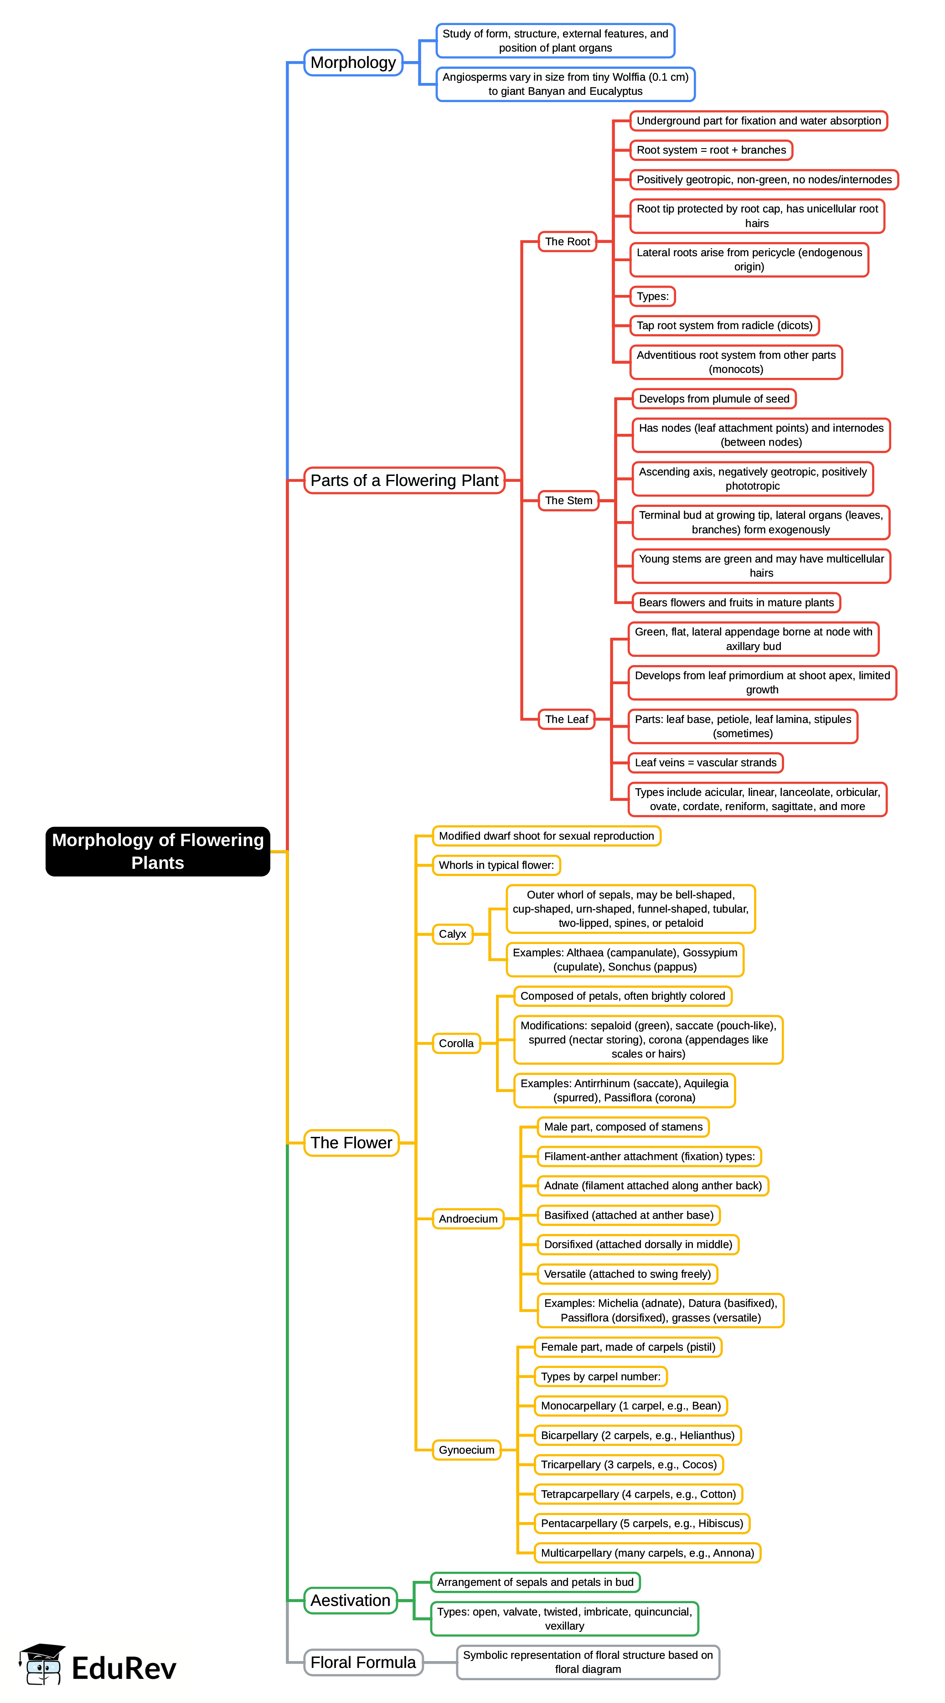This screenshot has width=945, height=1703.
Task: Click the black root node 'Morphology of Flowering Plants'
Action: pos(157,851)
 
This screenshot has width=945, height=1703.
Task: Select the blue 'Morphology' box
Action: pos(353,63)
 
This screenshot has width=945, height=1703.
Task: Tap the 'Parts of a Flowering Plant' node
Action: pos(404,480)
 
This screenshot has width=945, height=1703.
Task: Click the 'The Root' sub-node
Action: pos(567,242)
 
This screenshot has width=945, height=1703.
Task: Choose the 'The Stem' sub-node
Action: pos(568,501)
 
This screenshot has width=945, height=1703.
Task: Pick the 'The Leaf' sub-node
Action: pos(566,719)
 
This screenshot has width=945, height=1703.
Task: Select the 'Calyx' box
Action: pos(452,934)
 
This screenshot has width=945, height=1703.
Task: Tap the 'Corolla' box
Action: pos(456,1043)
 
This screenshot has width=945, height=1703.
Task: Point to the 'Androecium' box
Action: pos(468,1218)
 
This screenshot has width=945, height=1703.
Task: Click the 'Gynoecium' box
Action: pos(466,1450)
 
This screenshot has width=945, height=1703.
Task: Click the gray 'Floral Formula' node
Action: pos(363,1662)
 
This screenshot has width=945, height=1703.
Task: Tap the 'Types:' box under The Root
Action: pos(652,296)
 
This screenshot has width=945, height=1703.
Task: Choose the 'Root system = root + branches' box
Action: pos(711,150)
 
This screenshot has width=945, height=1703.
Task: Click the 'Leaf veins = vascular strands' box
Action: pos(705,763)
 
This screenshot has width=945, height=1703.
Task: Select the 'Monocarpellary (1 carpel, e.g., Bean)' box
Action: pos(630,1405)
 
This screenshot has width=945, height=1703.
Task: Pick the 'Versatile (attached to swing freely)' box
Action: pos(627,1274)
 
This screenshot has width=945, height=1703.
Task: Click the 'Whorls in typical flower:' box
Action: pos(496,865)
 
